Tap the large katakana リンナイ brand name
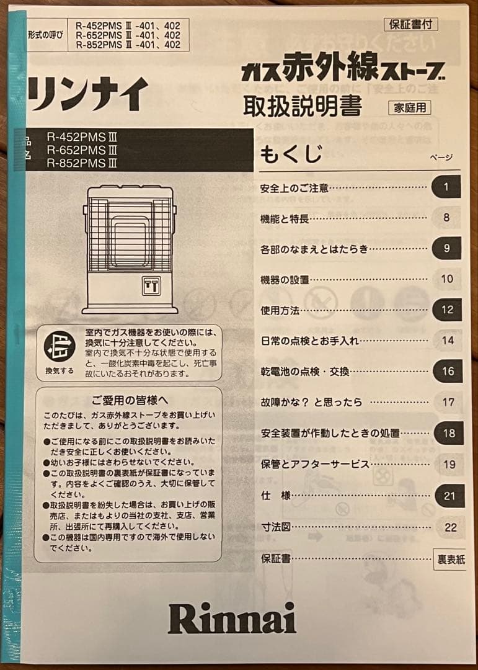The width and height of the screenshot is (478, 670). coord(87,94)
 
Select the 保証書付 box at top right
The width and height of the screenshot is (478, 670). coord(411,25)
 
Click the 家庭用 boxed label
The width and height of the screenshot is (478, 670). coord(409,107)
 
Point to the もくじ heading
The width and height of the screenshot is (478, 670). coord(291,153)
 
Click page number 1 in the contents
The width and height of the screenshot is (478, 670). coord(446,187)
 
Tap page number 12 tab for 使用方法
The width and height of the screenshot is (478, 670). coord(448,310)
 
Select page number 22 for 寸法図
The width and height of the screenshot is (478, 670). coord(451,527)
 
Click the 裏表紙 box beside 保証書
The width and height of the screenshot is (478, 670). coord(451,559)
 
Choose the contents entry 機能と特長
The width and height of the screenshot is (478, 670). coord(285,218)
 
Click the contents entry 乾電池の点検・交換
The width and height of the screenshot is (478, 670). coord(305,372)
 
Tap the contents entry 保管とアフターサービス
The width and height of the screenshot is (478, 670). coord(315,464)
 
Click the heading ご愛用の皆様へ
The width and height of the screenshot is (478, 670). coord(130,400)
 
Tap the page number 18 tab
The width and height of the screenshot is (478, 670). coord(448,433)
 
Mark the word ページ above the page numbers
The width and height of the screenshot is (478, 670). coord(441,158)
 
